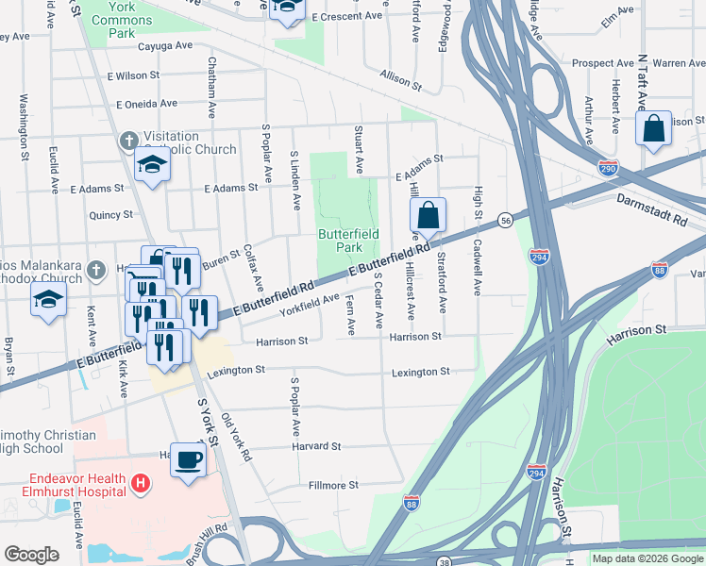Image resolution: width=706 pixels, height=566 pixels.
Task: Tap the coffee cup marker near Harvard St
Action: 188,459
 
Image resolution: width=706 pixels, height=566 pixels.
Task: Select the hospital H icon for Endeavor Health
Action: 140,484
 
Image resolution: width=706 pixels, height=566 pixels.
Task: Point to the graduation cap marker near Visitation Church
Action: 151,165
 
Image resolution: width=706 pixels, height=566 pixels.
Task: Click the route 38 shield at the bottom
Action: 444,560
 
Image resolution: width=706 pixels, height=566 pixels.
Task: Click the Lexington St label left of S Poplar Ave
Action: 233,371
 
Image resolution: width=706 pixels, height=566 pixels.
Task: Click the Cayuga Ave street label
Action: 164,45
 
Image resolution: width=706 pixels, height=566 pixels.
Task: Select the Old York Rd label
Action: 235,436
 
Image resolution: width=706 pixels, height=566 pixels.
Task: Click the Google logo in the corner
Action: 31,555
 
